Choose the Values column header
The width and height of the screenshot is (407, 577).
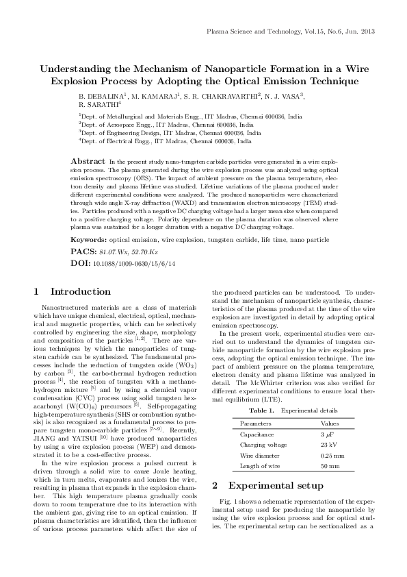[x=330, y=404]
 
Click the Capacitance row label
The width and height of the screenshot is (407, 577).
[x=259, y=415]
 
